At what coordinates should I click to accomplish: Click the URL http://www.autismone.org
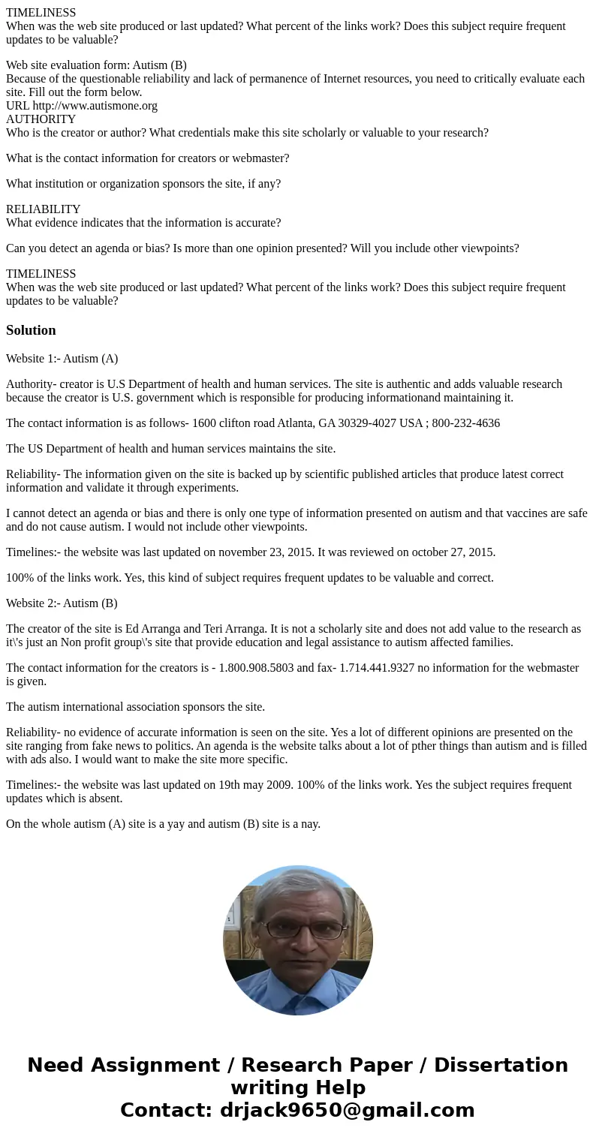click(95, 106)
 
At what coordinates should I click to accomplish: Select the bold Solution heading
click(31, 330)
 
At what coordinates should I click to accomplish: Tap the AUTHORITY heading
click(41, 119)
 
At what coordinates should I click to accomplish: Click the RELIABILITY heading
click(43, 209)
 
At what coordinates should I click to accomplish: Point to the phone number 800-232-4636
click(465, 423)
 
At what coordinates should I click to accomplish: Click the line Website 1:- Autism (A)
click(62, 359)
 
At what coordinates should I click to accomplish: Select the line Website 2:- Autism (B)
click(62, 603)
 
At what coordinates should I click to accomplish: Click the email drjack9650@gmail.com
click(347, 1110)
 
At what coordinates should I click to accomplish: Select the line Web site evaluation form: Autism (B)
click(96, 65)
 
